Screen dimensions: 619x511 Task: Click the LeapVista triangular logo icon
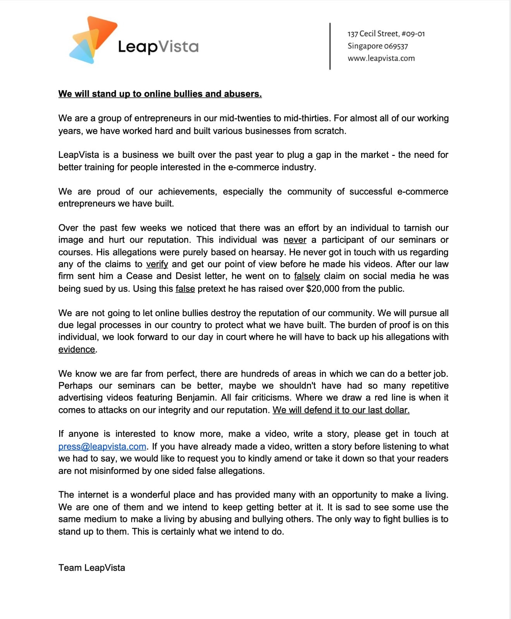(x=92, y=40)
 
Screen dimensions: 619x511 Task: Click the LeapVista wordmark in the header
(x=158, y=47)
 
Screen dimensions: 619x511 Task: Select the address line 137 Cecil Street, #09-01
(x=386, y=34)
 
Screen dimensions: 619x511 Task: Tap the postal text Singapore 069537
(x=377, y=46)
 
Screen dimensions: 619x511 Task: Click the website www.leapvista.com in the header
(x=381, y=58)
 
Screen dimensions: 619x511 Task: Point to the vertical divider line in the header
(x=330, y=46)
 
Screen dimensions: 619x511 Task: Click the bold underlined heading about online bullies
(x=160, y=94)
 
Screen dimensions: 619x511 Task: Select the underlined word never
(x=295, y=240)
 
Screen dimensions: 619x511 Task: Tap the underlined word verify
(x=157, y=264)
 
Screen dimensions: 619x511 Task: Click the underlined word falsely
(x=307, y=276)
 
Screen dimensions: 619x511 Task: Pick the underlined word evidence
(x=77, y=349)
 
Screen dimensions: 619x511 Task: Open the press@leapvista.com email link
(x=102, y=446)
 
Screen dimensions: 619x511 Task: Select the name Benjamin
(x=195, y=398)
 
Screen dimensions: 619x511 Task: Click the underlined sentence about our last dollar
(x=341, y=410)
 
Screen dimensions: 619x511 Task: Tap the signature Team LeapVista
(x=92, y=568)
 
